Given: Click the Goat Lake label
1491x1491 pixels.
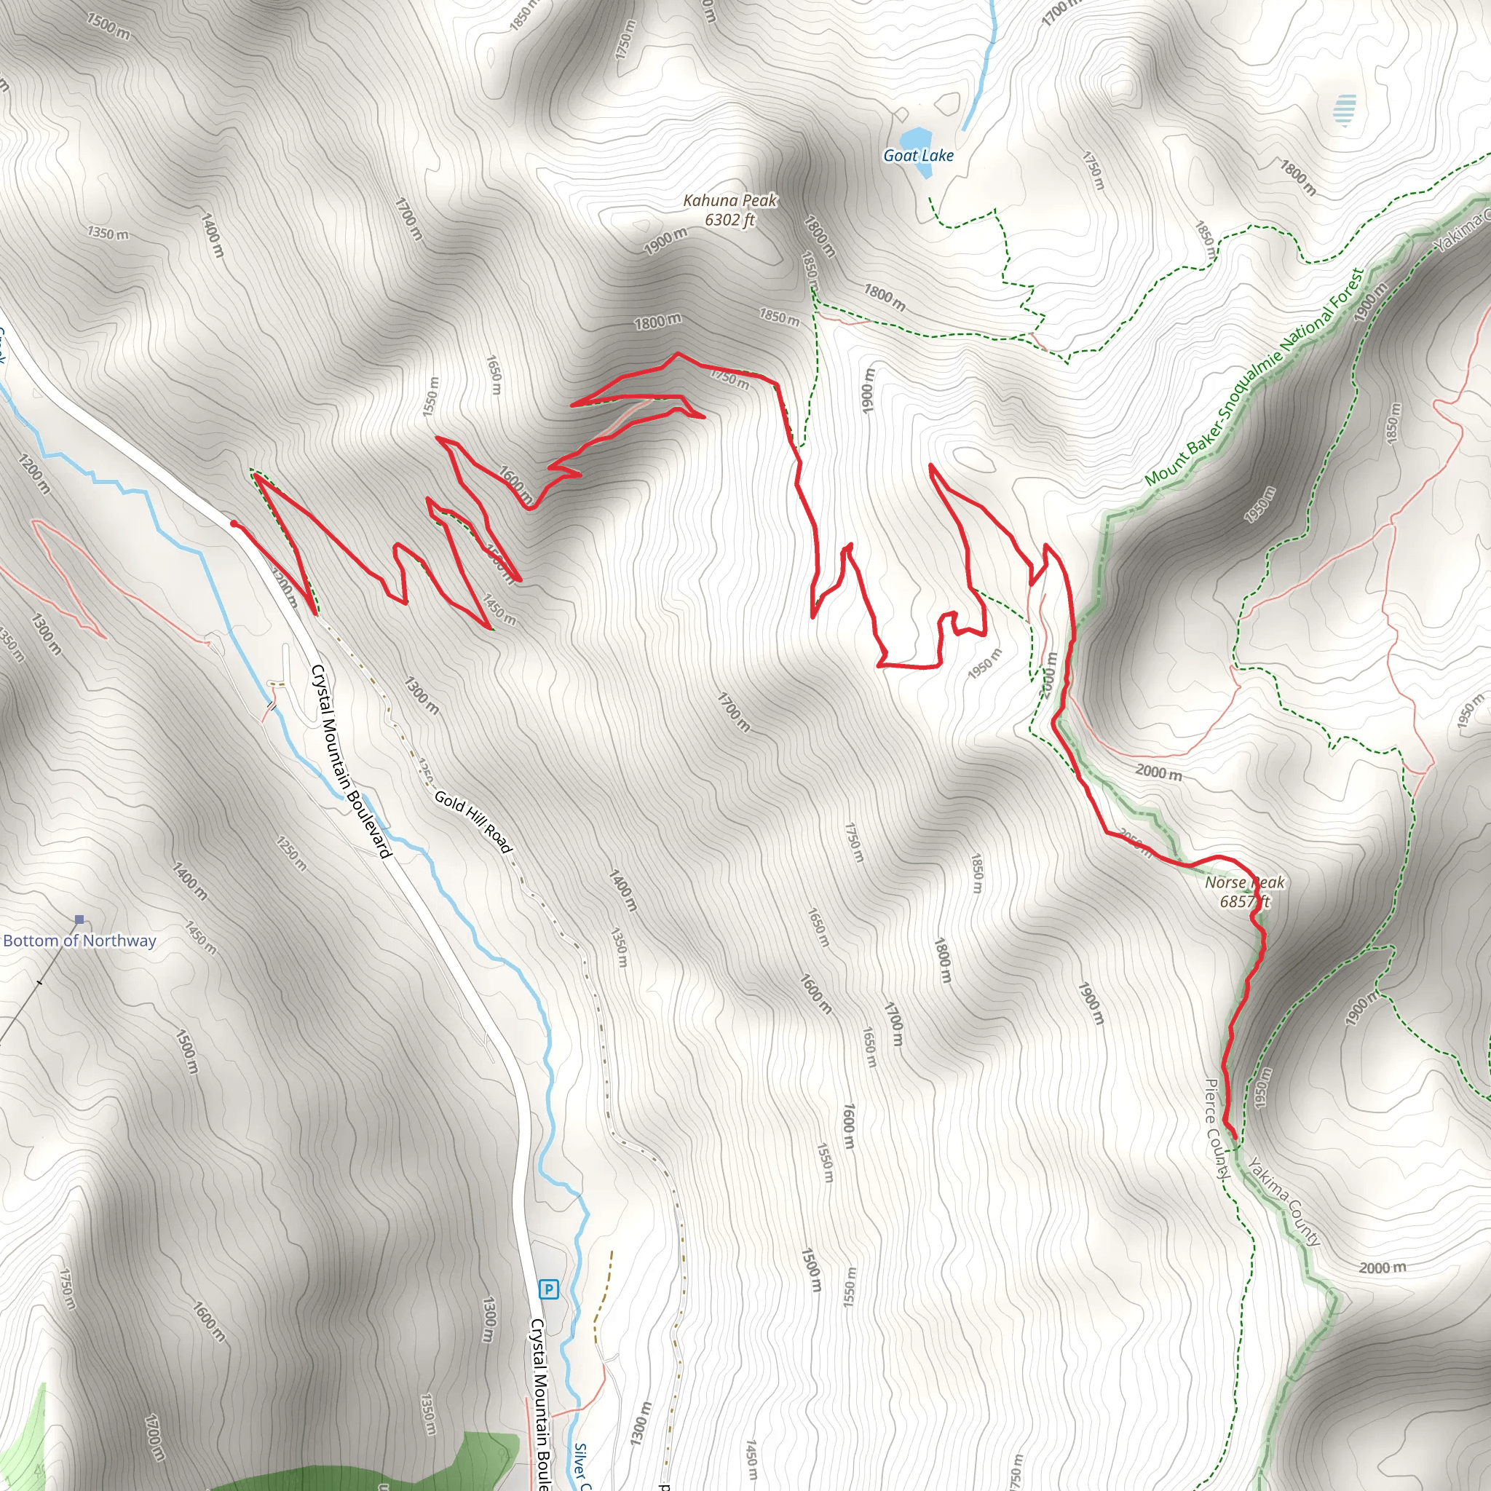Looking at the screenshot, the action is click(x=917, y=155).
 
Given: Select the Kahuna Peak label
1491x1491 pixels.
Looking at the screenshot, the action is click(x=730, y=201).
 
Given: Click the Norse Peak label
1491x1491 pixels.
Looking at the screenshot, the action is click(x=1244, y=882).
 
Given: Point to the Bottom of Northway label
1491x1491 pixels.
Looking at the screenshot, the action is click(x=79, y=941).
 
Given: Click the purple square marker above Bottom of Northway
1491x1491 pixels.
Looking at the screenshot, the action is click(x=79, y=919).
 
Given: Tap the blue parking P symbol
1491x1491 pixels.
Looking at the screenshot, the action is click(x=548, y=1289).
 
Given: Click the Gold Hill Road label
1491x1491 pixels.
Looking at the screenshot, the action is click(x=473, y=822).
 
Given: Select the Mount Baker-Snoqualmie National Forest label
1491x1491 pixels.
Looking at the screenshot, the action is click(x=1254, y=376).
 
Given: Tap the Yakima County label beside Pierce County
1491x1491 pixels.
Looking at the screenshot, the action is click(x=1284, y=1201).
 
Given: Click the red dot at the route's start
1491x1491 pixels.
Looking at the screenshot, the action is click(x=234, y=524).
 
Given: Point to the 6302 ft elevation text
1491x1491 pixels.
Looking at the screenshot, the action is click(x=729, y=220).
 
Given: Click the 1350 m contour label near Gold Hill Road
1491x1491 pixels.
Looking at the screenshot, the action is click(x=619, y=947).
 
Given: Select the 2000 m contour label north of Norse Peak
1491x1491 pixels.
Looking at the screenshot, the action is click(x=1158, y=772).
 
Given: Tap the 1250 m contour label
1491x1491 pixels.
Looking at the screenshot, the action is click(x=292, y=853).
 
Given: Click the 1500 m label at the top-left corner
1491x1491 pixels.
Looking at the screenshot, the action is click(x=108, y=26).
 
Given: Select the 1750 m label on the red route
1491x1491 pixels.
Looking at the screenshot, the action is click(x=729, y=378).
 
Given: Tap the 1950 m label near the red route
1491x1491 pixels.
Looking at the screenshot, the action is click(x=985, y=664).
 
